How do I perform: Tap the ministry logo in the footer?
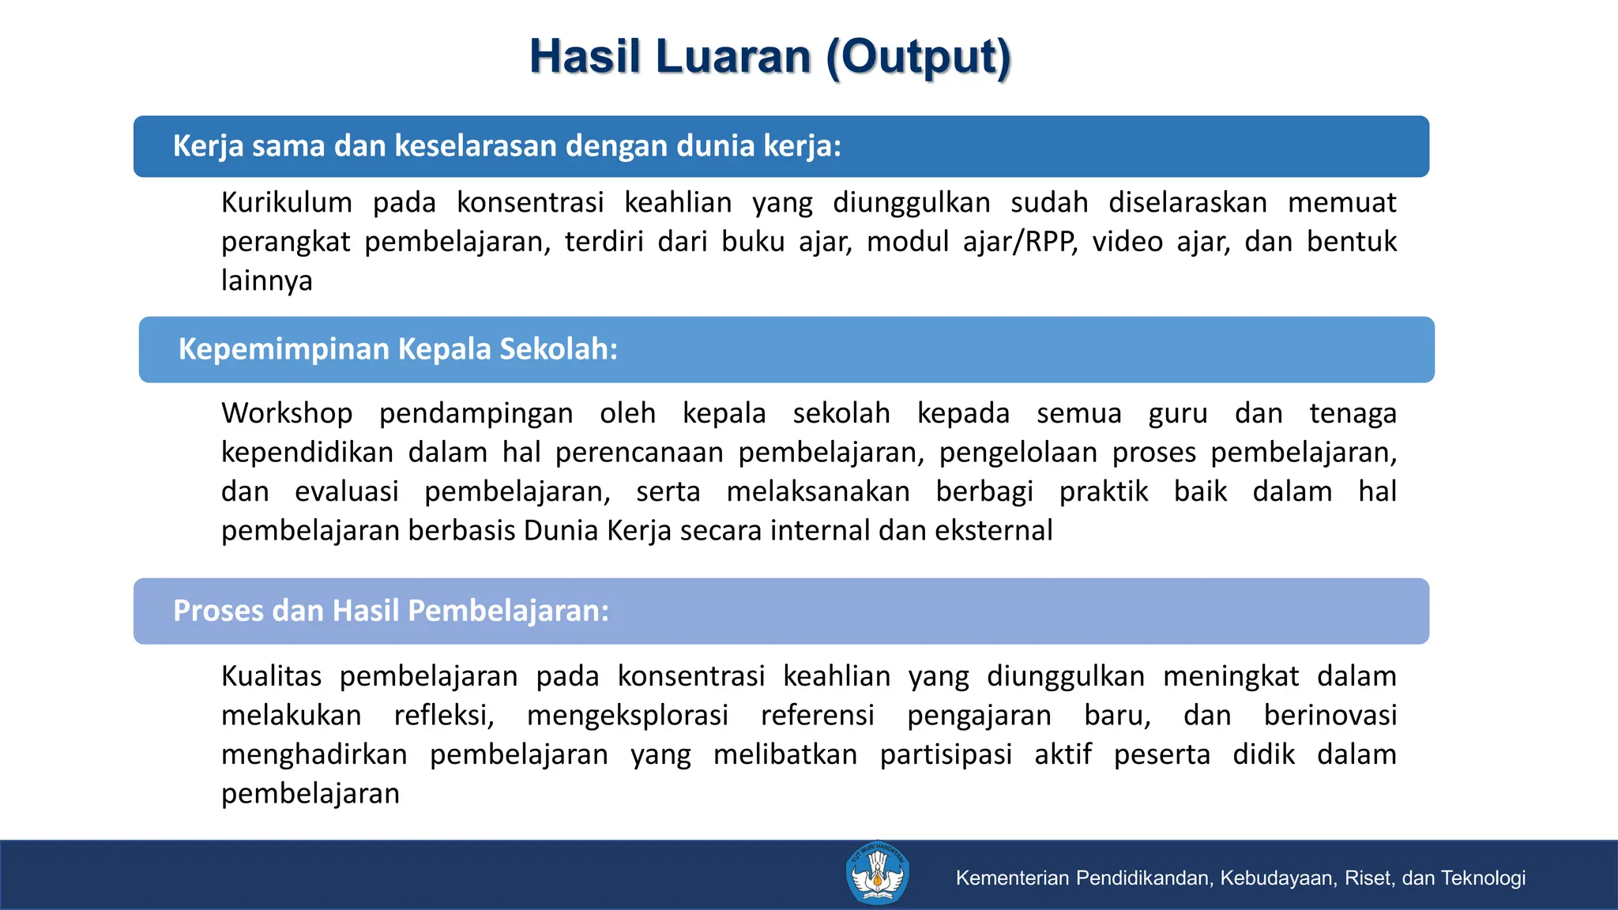click(877, 874)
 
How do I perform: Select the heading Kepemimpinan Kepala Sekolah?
click(397, 349)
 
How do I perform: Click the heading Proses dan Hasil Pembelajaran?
click(391, 611)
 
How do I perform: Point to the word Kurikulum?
click(287, 203)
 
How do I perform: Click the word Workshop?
click(287, 413)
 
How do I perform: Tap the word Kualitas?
click(271, 676)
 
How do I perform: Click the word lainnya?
click(266, 280)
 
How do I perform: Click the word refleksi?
click(443, 716)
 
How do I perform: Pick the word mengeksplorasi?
click(627, 716)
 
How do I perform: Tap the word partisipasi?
click(946, 754)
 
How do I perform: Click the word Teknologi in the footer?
click(1483, 878)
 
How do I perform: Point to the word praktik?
click(1103, 491)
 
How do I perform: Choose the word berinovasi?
click(1330, 716)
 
